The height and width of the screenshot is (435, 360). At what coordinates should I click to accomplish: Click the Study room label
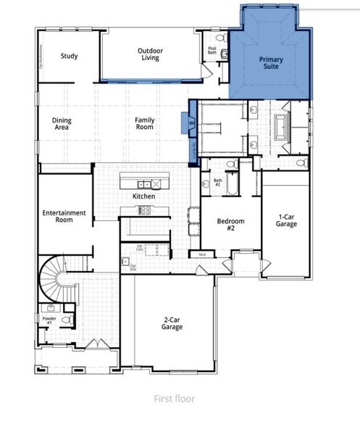[70, 56]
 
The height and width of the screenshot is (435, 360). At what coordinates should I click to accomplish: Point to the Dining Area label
[62, 123]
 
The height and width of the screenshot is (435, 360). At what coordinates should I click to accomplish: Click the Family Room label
[145, 123]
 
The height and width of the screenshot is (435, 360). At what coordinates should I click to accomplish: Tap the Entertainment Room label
[64, 216]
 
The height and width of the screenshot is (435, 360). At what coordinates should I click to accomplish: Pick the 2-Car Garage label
[172, 323]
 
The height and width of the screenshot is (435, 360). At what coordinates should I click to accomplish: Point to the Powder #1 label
[49, 320]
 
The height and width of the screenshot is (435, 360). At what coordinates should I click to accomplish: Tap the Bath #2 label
[217, 182]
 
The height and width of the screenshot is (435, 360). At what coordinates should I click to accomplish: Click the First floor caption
[175, 398]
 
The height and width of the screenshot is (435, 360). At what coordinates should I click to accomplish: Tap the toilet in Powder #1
[65, 319]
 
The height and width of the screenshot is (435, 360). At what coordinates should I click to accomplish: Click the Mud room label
[202, 254]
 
